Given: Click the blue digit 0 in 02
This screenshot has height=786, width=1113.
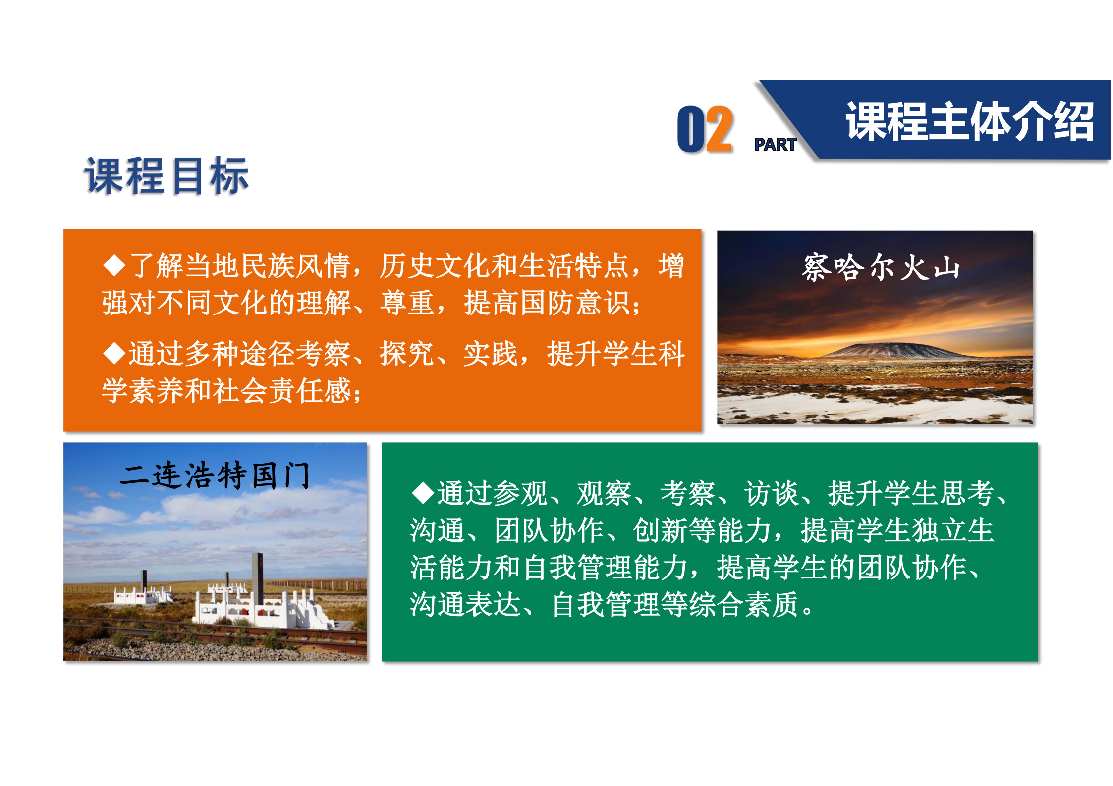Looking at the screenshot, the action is [691, 129].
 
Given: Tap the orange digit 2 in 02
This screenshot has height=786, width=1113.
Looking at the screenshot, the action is [719, 129].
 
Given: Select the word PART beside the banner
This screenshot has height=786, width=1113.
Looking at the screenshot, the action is [775, 145].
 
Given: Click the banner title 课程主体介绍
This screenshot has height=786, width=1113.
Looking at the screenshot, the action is [969, 121].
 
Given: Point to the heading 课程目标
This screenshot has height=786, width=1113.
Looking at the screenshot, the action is [167, 176].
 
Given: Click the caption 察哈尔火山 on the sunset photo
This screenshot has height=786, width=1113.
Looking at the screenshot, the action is [881, 267].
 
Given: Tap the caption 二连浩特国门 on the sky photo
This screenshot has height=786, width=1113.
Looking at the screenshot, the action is [215, 475].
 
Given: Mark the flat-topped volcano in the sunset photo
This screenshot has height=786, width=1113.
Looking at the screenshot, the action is [897, 350].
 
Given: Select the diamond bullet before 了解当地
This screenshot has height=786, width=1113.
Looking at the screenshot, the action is [114, 265].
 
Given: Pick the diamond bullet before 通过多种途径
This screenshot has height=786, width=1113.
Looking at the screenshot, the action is [114, 354].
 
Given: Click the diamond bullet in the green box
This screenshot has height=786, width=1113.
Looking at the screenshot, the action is [423, 493].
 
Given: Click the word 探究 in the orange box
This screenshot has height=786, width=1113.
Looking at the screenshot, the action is [407, 354].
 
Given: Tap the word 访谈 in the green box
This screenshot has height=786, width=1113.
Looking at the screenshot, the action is [772, 493].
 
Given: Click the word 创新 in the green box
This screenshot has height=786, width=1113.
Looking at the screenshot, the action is [661, 530].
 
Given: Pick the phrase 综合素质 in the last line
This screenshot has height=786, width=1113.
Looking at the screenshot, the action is [744, 604].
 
